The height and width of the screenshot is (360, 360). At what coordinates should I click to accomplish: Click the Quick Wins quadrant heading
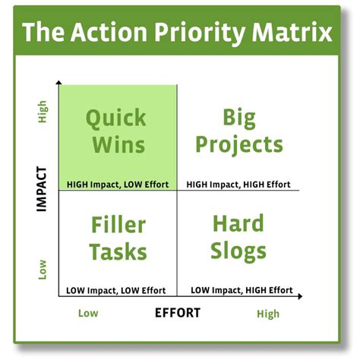tap(116, 131)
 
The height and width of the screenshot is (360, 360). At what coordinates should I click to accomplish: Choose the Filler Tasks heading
tap(118, 237)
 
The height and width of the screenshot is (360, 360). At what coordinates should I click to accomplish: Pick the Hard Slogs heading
tap(238, 237)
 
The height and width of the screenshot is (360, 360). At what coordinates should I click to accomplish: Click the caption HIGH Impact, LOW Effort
tap(118, 184)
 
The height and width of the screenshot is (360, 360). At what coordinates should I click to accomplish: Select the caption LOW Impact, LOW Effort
tap(117, 290)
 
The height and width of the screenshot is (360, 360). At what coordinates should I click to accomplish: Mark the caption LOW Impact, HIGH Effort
tap(242, 290)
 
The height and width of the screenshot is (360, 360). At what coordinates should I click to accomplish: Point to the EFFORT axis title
tap(178, 312)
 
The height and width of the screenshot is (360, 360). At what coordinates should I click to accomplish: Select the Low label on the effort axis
tap(88, 313)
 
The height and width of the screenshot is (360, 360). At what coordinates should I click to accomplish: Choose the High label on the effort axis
tap(267, 313)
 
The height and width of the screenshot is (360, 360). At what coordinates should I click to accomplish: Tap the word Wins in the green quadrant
tap(116, 144)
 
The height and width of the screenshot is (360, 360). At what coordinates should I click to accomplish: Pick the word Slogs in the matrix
tap(238, 251)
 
